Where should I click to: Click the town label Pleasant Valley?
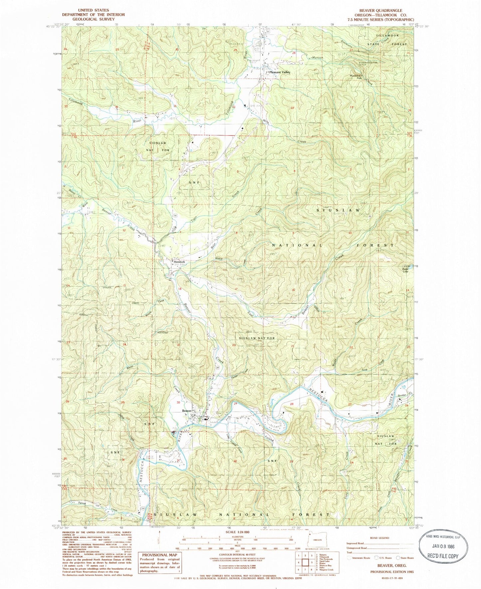coord(280,72)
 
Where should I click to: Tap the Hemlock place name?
coord(179,262)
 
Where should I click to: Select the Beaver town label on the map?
coord(186,411)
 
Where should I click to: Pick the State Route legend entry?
coord(403,558)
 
